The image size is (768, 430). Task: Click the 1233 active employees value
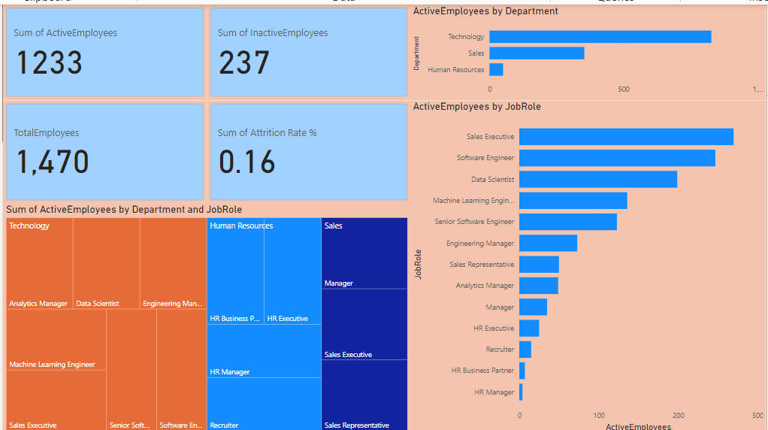click(x=50, y=62)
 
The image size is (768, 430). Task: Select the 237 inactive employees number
click(x=244, y=62)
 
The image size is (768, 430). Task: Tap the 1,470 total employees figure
click(x=51, y=162)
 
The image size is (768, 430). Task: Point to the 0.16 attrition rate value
click(x=247, y=162)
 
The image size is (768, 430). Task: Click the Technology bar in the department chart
click(x=600, y=37)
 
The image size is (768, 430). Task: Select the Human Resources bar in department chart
click(x=496, y=70)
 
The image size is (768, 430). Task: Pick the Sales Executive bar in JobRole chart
click(x=626, y=137)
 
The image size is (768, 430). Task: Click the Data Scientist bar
click(x=598, y=180)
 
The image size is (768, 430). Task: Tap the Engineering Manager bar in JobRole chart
click(x=548, y=244)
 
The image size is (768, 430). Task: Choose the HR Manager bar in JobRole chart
click(x=521, y=392)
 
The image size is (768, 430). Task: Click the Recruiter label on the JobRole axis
click(x=500, y=350)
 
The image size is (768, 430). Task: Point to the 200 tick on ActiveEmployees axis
click(x=679, y=415)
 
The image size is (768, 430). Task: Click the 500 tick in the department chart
click(x=624, y=89)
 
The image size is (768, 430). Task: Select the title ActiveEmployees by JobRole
click(x=477, y=107)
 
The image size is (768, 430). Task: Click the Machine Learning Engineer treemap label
click(x=52, y=365)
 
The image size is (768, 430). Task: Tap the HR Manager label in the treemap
click(x=229, y=372)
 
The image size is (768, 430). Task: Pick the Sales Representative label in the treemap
click(x=356, y=425)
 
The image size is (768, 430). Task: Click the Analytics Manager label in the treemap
click(x=38, y=304)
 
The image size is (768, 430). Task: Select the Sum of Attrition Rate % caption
click(x=267, y=133)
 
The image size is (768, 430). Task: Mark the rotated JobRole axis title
click(x=419, y=265)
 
